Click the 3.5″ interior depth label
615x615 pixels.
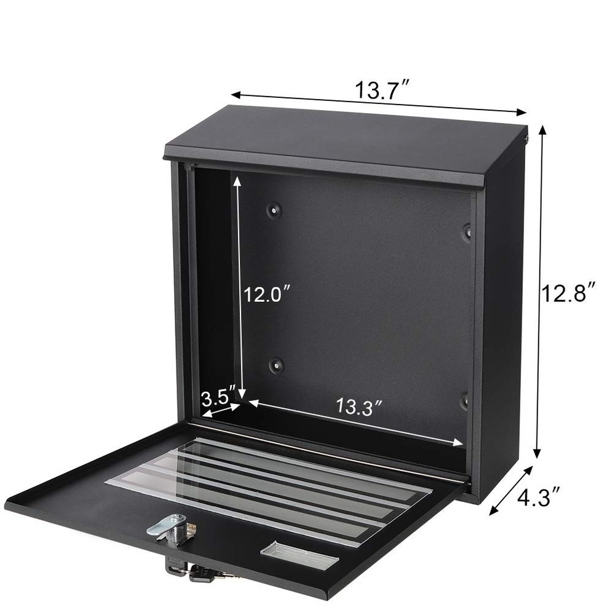218,394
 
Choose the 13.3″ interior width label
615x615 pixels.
360,407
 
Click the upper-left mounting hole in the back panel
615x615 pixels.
274,210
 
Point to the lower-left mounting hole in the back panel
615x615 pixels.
275,365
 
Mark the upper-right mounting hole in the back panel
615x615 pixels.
467,231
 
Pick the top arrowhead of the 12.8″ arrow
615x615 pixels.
542,128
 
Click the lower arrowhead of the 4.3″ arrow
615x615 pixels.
491,512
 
